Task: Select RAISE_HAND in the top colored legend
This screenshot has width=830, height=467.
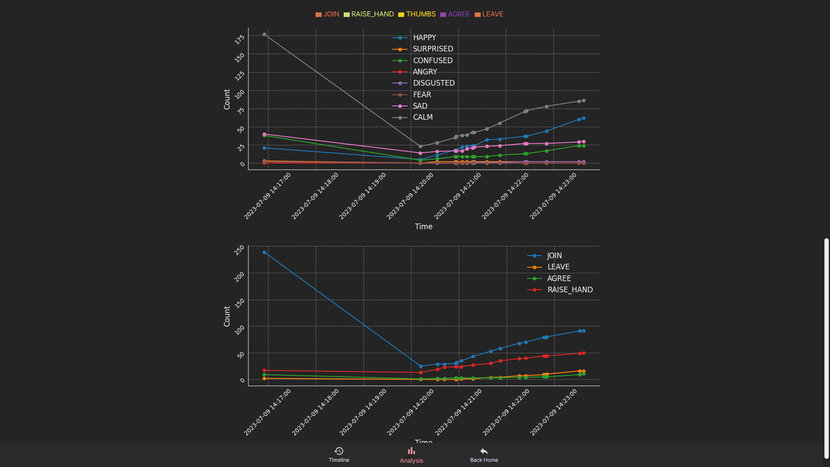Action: click(x=369, y=14)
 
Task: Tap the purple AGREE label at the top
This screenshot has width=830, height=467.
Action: click(x=455, y=14)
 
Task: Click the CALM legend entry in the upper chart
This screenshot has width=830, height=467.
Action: click(x=422, y=117)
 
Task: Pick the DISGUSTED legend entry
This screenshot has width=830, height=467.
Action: click(x=433, y=83)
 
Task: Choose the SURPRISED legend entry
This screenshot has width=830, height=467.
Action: click(x=432, y=49)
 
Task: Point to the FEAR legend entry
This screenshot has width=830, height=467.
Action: click(x=422, y=95)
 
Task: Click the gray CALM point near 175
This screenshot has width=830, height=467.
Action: click(x=264, y=34)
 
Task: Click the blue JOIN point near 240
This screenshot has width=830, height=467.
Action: click(x=264, y=252)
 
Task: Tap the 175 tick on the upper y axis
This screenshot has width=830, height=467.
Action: click(x=240, y=39)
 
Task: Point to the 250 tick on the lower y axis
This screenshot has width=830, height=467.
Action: click(x=239, y=250)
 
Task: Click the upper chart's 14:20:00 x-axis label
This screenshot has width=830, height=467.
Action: click(x=410, y=196)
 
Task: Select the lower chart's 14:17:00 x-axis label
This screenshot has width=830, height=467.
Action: click(x=267, y=412)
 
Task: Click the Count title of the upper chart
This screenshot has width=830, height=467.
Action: click(x=227, y=99)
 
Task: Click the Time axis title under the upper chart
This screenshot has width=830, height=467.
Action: click(x=424, y=226)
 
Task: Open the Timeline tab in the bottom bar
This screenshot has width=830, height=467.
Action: click(x=339, y=454)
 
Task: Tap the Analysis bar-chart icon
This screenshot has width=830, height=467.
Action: click(x=411, y=451)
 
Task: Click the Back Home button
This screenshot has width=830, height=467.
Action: click(x=484, y=454)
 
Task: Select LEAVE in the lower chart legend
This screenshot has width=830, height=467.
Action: click(x=558, y=267)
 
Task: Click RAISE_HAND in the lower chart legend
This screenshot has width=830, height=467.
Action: click(x=569, y=290)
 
